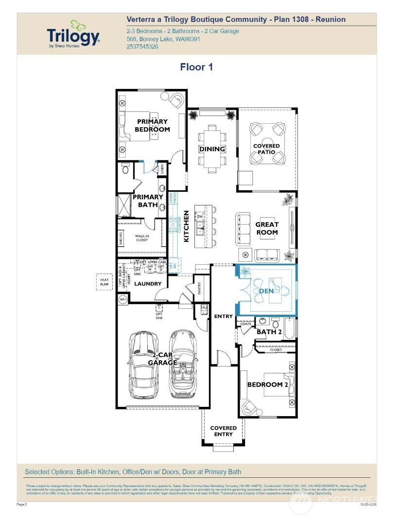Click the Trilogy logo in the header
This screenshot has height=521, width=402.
(x=73, y=34)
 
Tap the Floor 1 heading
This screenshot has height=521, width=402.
(x=196, y=67)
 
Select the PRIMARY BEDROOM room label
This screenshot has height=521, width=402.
(x=152, y=125)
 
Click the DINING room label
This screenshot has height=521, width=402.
(x=212, y=149)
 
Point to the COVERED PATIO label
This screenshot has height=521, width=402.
(x=266, y=149)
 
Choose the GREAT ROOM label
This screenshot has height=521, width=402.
(x=267, y=228)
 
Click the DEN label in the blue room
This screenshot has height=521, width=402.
(x=266, y=291)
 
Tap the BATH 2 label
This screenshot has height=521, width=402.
(x=269, y=332)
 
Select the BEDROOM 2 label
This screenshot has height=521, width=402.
(x=268, y=385)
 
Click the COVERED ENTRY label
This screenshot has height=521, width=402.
(x=223, y=431)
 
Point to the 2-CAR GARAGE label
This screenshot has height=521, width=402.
(x=162, y=359)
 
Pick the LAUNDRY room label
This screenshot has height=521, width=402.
(x=148, y=284)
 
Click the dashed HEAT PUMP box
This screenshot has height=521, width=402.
(x=105, y=281)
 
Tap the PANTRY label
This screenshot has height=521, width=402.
(x=199, y=288)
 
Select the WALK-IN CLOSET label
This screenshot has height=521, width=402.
(x=141, y=237)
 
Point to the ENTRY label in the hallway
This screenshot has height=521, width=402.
(x=223, y=316)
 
